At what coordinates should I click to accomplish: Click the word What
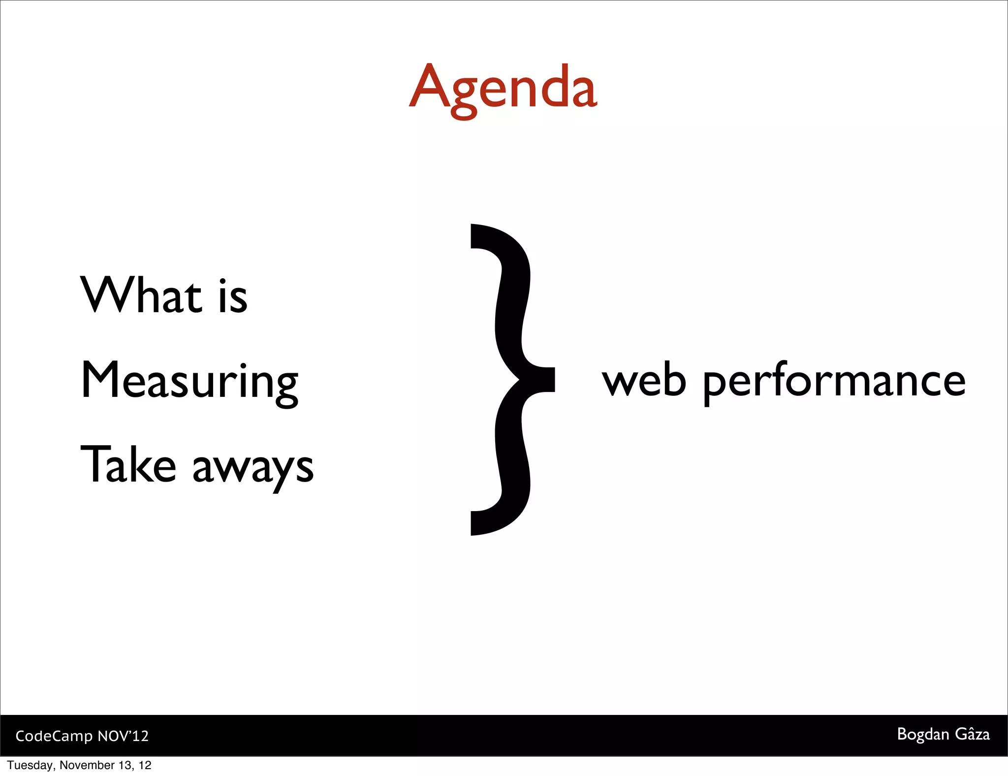point(141,295)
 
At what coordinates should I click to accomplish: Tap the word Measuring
point(189,382)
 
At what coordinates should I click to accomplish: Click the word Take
point(128,465)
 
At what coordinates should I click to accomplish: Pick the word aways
point(252,468)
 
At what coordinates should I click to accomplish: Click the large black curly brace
point(512,379)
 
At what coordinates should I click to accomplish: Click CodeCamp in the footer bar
point(54,736)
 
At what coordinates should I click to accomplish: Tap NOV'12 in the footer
point(123,736)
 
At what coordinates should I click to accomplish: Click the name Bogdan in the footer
point(923,735)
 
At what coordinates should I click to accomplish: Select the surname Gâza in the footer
point(972,734)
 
